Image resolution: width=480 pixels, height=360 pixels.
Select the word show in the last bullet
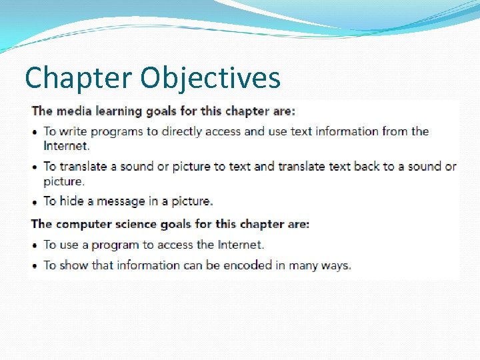coord(74,265)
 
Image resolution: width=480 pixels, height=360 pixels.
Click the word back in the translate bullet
coord(366,166)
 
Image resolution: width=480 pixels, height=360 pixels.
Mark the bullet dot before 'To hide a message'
coord(35,201)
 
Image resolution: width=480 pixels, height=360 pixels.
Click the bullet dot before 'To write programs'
coord(35,132)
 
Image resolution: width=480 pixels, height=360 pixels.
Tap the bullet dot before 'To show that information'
coord(35,266)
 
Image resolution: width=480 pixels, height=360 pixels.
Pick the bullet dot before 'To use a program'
coord(35,245)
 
